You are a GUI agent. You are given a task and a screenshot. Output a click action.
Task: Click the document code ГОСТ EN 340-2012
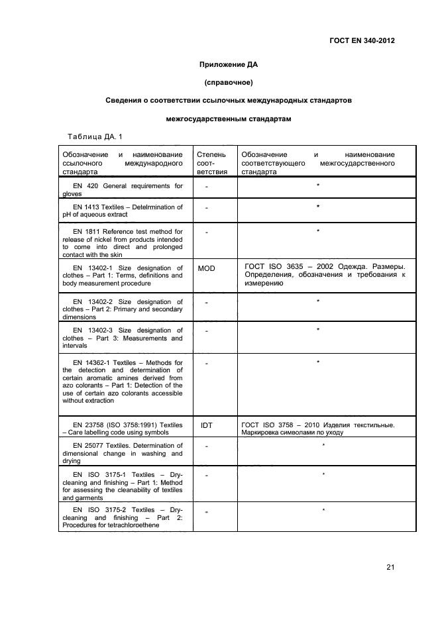coord(366,40)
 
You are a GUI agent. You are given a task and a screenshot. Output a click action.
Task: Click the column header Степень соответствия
coord(212,162)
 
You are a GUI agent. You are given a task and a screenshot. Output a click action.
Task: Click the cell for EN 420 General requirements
coord(122,189)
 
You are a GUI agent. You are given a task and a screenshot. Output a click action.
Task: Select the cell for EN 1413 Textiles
coord(122,211)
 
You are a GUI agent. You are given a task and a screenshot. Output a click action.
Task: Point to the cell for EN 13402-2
coord(122,309)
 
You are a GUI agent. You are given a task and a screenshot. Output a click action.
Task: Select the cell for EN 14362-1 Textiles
coord(122,382)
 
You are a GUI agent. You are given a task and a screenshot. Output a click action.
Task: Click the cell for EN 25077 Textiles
coord(122,454)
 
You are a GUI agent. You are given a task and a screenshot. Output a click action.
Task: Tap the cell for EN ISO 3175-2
coord(122,517)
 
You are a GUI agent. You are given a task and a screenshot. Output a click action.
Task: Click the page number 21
coord(389,567)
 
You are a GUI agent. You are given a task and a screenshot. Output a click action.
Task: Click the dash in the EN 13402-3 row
coord(207,331)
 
